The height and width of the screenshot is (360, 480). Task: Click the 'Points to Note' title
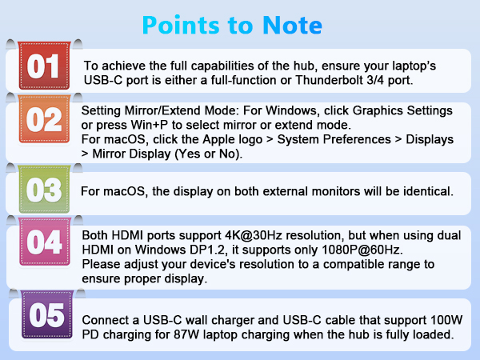232,25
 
